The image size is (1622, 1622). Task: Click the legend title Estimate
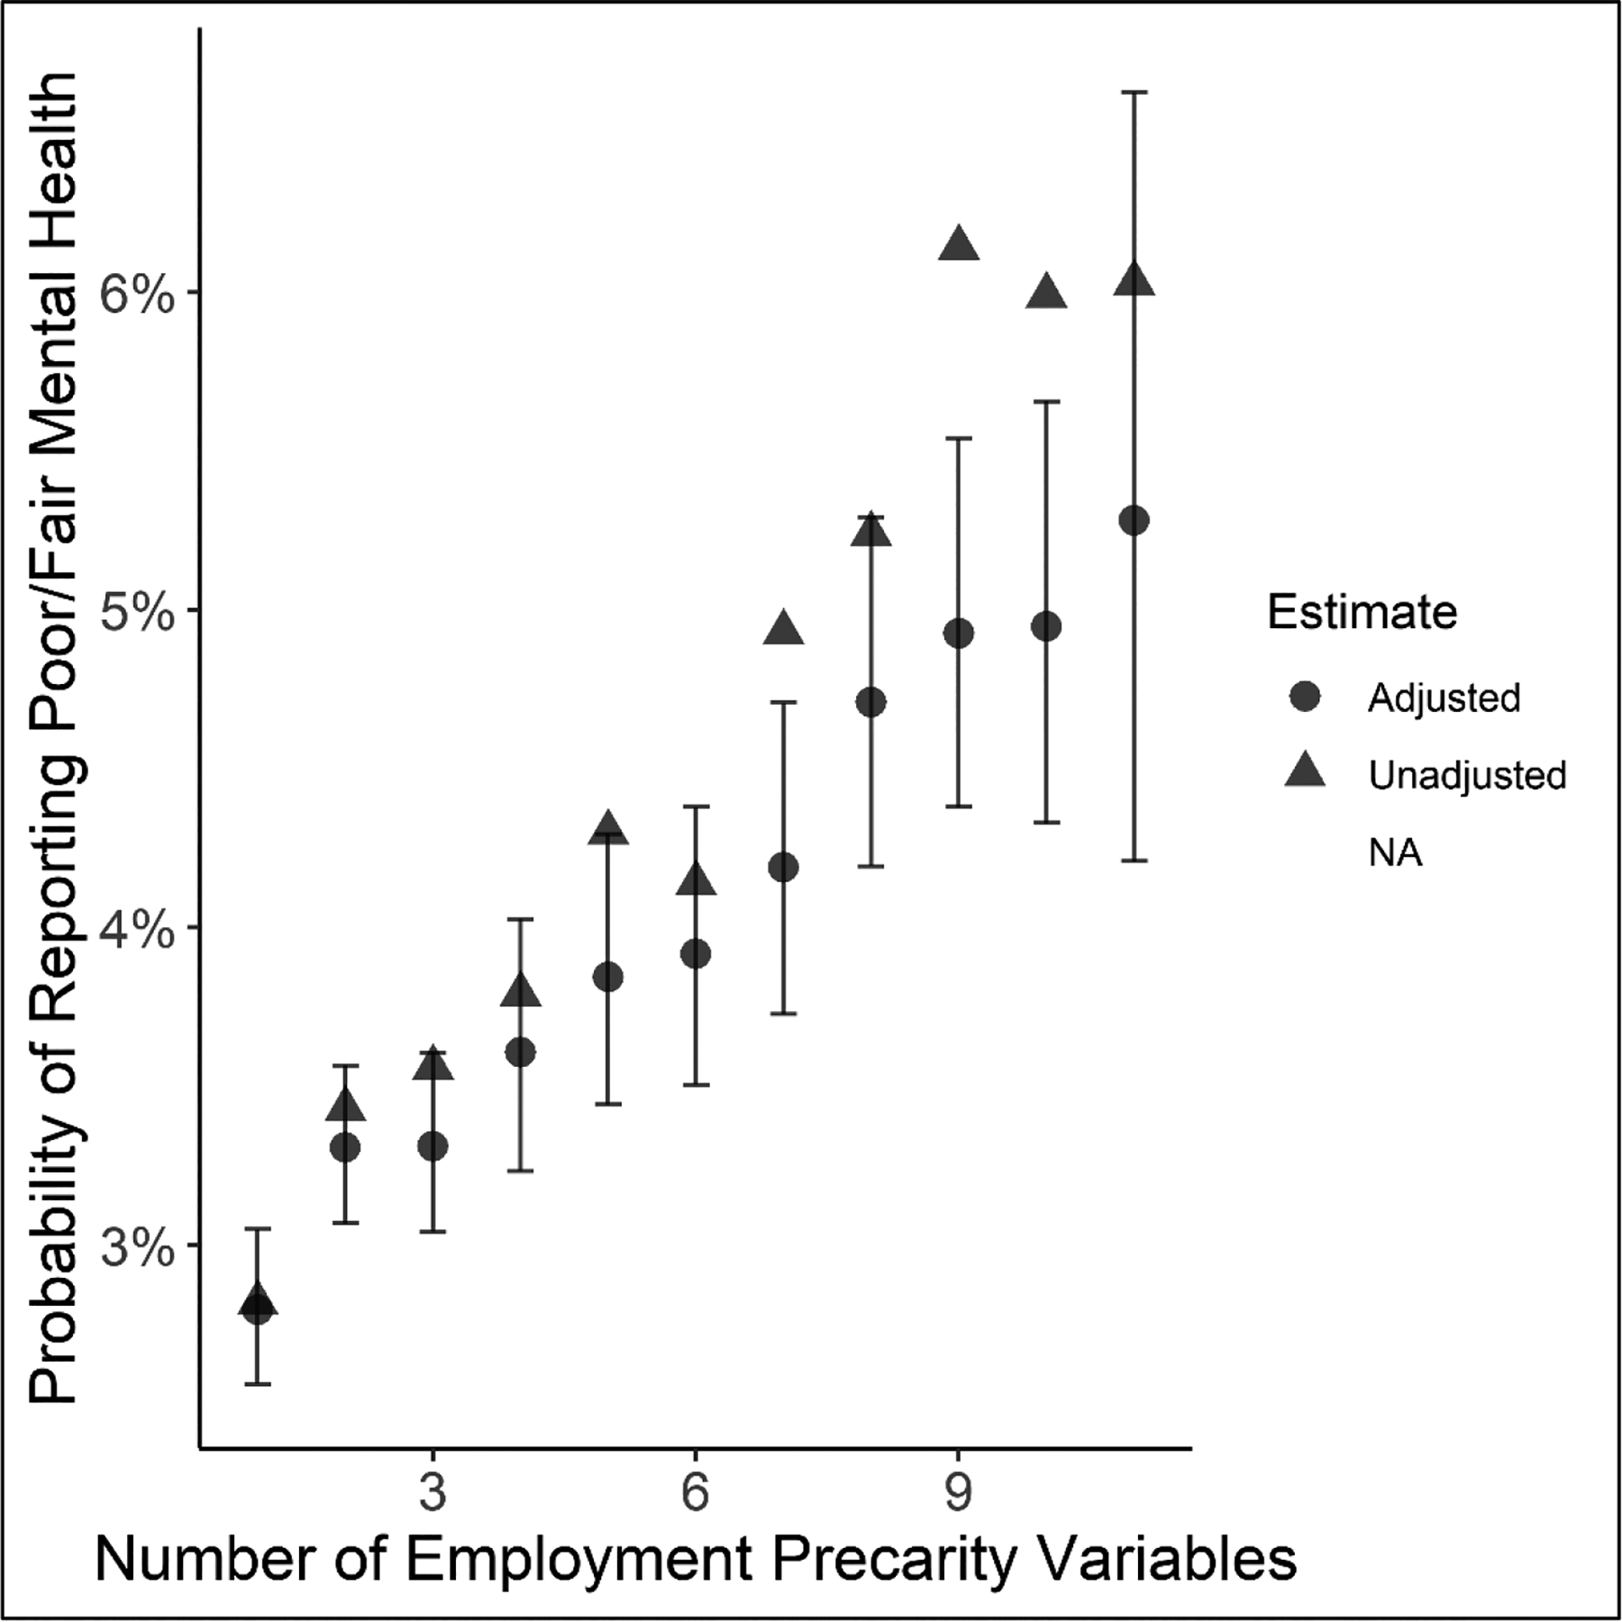click(1362, 613)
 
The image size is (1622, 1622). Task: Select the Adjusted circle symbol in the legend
click(1305, 697)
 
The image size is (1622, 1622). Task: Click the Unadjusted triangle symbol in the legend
click(1305, 773)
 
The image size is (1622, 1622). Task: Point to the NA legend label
click(1395, 852)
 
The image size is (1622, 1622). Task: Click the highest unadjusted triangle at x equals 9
click(958, 245)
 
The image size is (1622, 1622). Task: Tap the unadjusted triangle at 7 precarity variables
click(783, 630)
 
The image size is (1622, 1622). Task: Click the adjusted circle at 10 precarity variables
click(1046, 626)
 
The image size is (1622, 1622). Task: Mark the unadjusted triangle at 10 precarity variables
click(1046, 293)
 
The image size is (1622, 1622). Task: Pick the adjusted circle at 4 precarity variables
click(521, 1052)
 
